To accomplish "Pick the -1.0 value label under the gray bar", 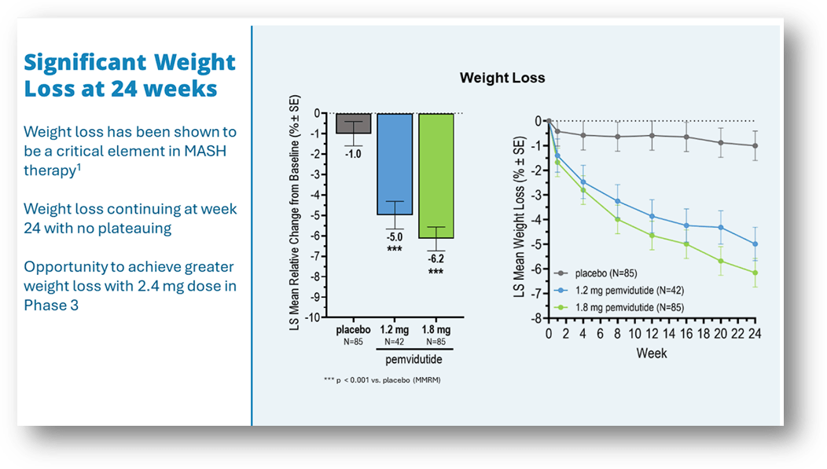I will (353, 154).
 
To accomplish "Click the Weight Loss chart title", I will (502, 78).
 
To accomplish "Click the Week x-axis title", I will (652, 354).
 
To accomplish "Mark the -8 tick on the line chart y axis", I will (534, 319).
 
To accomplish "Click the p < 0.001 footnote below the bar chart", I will (380, 379).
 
